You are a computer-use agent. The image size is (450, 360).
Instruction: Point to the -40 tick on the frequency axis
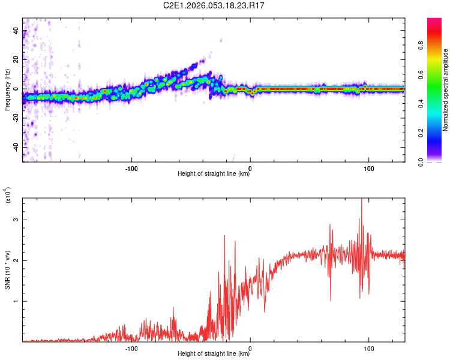(16, 147)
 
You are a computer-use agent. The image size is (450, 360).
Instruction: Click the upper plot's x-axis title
(214, 174)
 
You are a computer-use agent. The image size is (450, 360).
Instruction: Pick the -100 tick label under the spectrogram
(131, 167)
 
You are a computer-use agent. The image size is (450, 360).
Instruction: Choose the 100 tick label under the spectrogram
(368, 167)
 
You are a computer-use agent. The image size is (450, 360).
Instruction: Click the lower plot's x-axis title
(214, 354)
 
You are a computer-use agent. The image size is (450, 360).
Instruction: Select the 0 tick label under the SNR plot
(250, 348)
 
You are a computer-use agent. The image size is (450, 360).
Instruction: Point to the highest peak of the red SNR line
(361, 199)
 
